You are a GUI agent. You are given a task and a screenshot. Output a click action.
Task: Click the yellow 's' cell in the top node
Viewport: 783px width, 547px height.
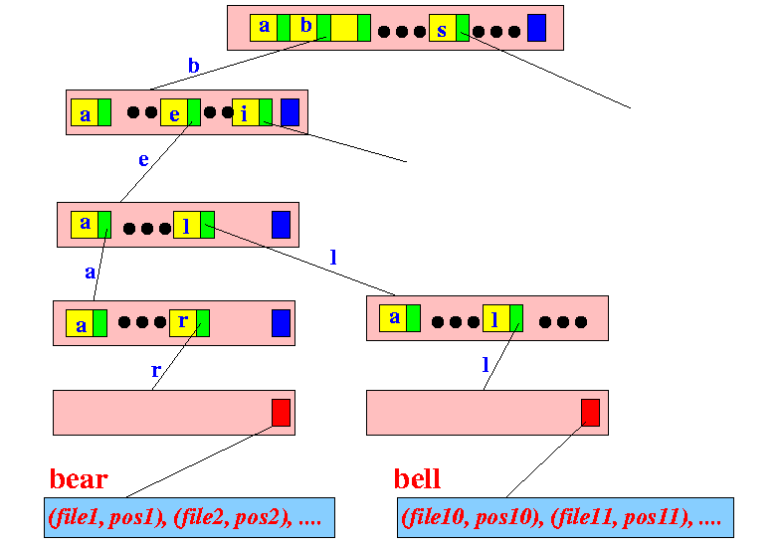point(443,28)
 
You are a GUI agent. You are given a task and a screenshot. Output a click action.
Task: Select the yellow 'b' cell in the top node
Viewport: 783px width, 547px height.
point(303,28)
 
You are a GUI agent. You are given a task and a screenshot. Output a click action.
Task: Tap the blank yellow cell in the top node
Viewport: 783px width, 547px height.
point(344,28)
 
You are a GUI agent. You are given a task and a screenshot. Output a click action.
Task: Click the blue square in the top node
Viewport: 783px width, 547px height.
point(537,28)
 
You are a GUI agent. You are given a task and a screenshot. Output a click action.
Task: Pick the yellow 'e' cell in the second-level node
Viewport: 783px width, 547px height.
point(174,112)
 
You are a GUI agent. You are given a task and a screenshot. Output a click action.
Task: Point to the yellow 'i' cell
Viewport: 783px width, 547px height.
point(246,112)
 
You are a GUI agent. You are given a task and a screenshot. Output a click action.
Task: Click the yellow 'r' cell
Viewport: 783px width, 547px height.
point(183,323)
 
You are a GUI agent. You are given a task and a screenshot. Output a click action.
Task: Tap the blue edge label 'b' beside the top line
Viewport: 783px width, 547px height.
point(194,66)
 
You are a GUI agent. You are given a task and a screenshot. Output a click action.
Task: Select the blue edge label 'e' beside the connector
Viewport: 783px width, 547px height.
point(143,160)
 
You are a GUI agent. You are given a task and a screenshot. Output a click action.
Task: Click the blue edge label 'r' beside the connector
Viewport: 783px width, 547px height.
point(156,370)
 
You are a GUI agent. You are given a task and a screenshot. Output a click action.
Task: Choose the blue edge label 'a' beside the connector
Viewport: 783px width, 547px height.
point(90,273)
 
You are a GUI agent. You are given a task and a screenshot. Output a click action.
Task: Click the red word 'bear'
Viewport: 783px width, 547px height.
point(79,479)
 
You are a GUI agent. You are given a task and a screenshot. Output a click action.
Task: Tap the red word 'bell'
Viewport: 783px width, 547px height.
point(418,479)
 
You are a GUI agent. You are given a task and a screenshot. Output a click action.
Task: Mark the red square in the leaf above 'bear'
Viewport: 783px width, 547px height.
point(282,413)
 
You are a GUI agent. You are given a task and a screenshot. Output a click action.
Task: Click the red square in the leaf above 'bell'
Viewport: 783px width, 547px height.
point(590,413)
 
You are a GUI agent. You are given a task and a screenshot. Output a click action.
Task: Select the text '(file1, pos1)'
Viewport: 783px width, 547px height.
point(107,517)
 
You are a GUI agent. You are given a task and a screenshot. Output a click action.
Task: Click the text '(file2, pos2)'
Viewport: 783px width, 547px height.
point(233,517)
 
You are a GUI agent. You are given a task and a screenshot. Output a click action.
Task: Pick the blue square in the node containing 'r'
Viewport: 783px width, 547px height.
point(282,323)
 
